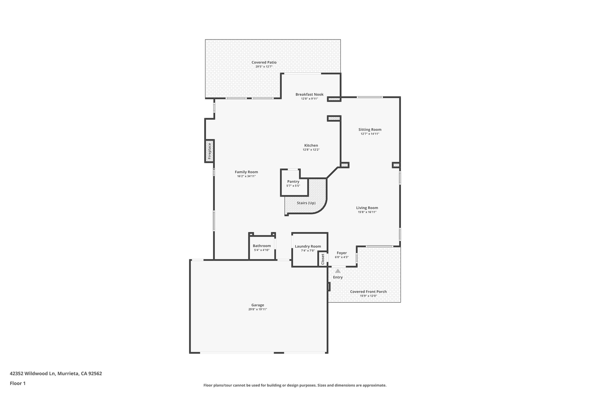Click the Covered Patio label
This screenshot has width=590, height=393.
(264, 62)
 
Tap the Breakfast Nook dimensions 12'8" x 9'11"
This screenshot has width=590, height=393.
(309, 99)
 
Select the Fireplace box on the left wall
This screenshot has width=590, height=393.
(209, 151)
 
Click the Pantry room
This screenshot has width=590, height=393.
(293, 183)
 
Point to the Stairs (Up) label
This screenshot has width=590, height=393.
(306, 203)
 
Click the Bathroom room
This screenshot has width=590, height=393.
(262, 248)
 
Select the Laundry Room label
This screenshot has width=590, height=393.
(308, 246)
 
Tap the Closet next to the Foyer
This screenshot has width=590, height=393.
(323, 259)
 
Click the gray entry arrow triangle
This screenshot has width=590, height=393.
(338, 271)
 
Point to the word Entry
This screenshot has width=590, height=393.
(338, 277)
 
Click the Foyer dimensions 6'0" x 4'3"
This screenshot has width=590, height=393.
(342, 257)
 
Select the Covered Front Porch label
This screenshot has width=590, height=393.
(368, 292)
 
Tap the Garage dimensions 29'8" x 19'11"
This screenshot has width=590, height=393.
(258, 309)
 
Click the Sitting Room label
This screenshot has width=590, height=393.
(370, 130)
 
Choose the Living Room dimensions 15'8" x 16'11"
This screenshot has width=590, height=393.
(367, 212)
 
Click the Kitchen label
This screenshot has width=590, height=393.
(311, 145)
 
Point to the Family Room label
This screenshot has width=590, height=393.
(246, 172)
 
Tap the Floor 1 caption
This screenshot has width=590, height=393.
(18, 383)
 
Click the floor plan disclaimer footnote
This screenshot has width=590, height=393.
(295, 385)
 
